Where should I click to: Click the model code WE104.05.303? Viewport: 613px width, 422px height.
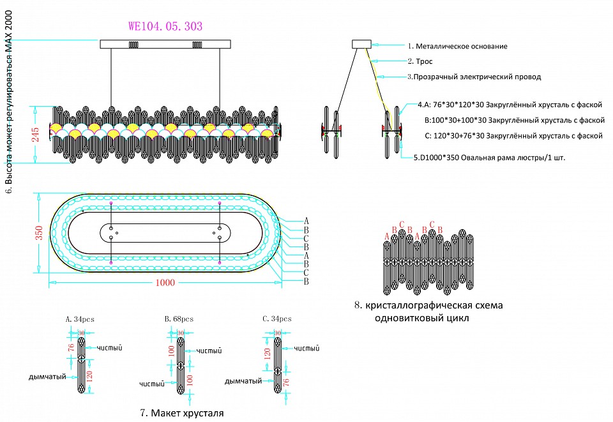click(165, 27)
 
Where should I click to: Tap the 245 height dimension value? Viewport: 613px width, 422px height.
click(36, 135)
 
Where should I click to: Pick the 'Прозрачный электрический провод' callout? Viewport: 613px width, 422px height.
click(474, 77)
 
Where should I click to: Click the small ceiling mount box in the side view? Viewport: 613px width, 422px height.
click(361, 45)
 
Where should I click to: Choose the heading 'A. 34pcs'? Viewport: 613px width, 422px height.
click(80, 318)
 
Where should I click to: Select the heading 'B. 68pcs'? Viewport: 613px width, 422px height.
click(179, 318)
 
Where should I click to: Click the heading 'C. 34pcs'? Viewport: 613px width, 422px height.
click(277, 318)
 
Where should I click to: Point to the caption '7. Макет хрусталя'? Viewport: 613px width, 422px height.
click(182, 413)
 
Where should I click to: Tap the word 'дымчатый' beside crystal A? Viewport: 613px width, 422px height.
click(48, 377)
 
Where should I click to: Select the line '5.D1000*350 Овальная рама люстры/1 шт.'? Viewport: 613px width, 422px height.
click(489, 156)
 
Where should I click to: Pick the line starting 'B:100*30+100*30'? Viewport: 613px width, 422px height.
click(514, 119)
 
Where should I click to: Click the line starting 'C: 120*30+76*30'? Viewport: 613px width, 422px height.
click(513, 135)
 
